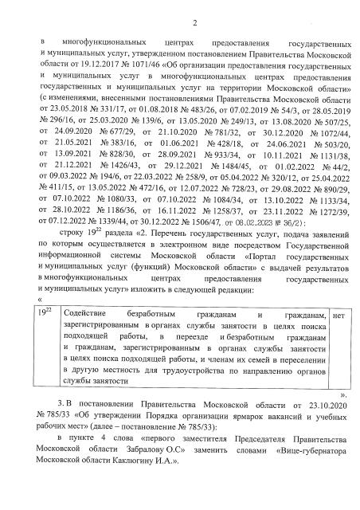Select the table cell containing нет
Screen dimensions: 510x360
[338, 338]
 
